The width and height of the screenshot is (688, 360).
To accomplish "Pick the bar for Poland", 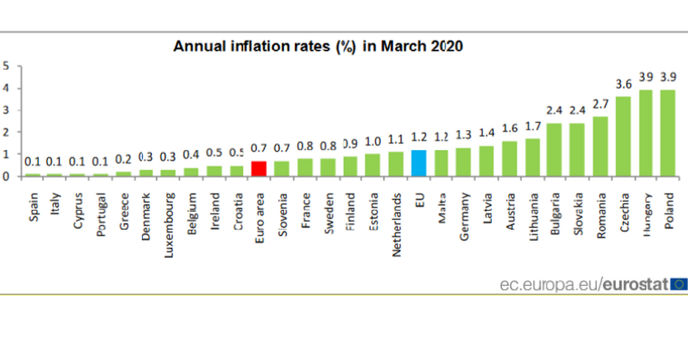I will [x=668, y=132].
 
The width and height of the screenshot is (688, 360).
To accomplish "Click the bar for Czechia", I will [x=623, y=136].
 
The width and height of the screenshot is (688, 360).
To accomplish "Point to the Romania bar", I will [x=600, y=146].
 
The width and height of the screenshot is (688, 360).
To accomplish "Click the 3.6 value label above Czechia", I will [x=623, y=84].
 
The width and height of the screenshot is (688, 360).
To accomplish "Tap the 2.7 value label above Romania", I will [x=600, y=104].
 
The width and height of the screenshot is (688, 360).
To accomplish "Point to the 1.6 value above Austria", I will [x=510, y=129].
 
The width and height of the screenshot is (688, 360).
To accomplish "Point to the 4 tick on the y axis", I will [x=6, y=88].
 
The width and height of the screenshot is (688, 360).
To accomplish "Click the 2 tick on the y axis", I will [x=6, y=132].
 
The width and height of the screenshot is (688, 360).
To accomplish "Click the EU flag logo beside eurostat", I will [x=679, y=283].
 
